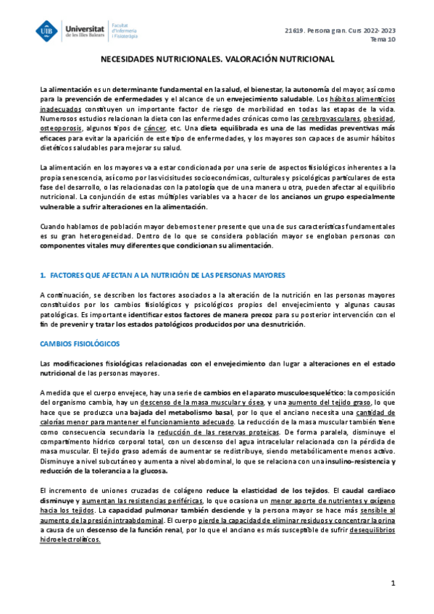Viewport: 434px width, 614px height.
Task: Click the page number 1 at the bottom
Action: pyautogui.click(x=392, y=582)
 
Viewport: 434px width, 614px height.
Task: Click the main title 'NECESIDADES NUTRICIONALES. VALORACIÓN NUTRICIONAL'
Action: pyautogui.click(x=217, y=61)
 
